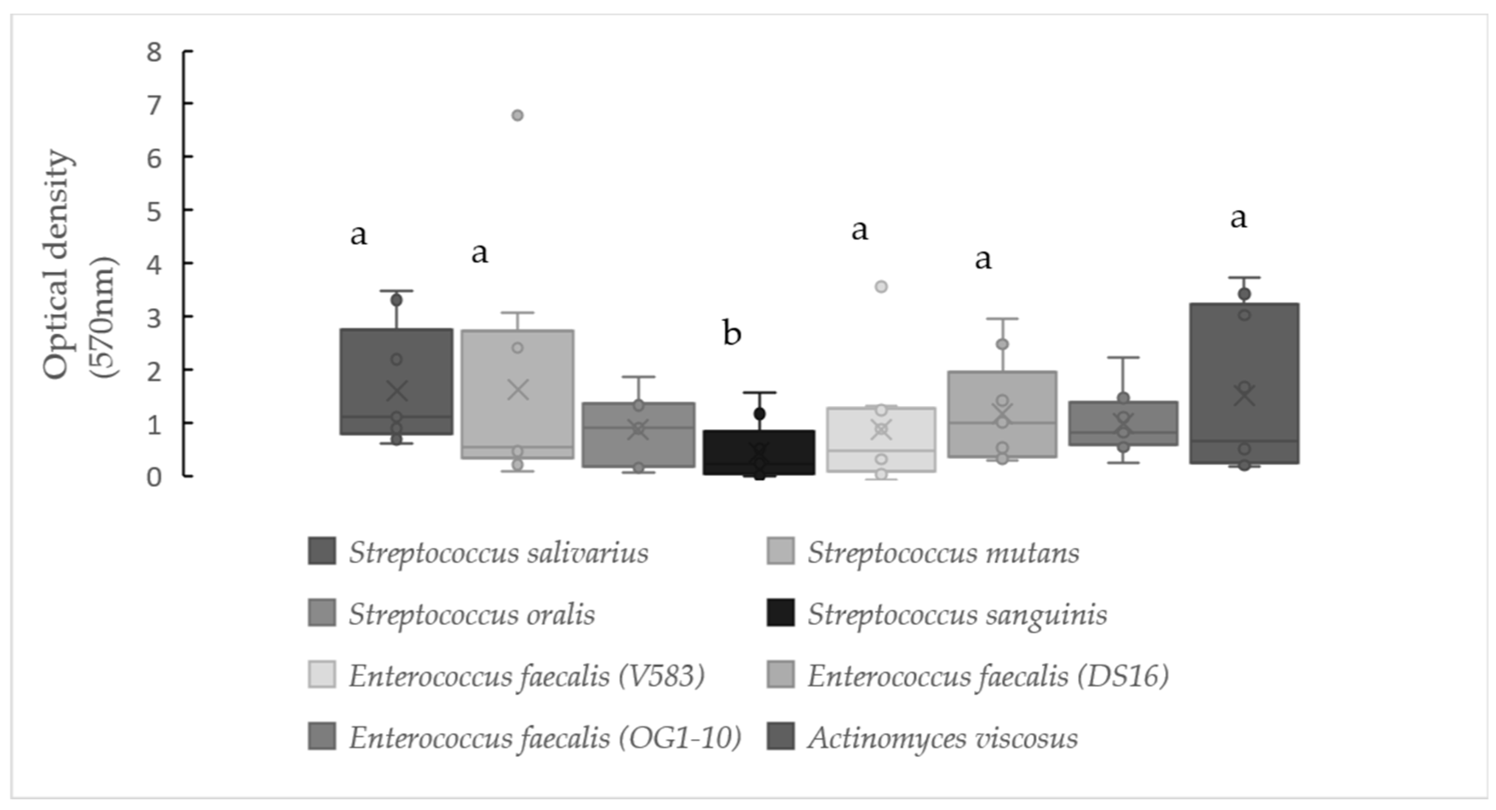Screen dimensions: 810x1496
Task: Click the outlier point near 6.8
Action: pos(517,115)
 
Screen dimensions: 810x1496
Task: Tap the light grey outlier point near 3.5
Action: pos(881,287)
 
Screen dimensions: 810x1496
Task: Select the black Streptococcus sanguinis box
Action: pos(759,453)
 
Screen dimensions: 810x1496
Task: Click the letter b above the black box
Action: pos(732,333)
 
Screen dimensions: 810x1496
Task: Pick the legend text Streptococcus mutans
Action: pos(943,553)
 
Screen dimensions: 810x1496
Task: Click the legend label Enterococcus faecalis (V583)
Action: pos(526,676)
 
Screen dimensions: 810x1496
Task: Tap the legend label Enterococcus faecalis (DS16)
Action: pos(987,676)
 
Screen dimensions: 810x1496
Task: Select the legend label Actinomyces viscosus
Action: pos(942,738)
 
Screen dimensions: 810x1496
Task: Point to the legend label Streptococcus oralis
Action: pos(472,614)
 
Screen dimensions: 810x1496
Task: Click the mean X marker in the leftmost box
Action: pos(397,391)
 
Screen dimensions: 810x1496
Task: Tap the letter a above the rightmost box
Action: pos(1238,218)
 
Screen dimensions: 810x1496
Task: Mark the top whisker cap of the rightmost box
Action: pos(1244,277)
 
